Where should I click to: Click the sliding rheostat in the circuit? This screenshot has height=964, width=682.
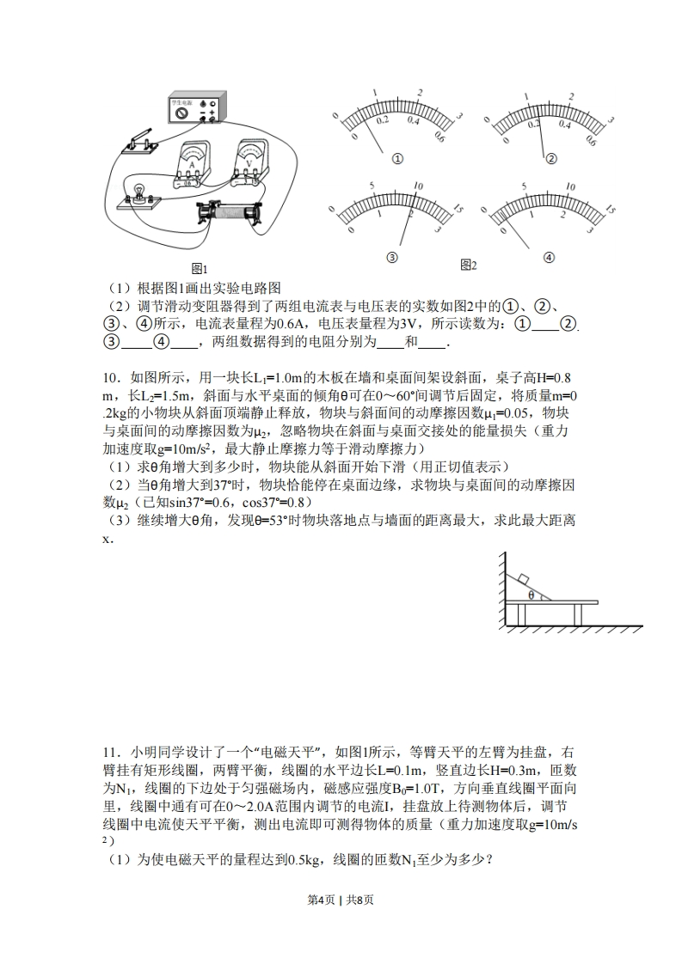(x=227, y=210)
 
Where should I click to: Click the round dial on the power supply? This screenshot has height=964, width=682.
(x=181, y=113)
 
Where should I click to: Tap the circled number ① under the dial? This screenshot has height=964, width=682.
(x=397, y=159)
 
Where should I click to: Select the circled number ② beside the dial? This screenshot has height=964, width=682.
(x=551, y=158)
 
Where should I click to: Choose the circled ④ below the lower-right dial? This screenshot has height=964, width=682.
(x=549, y=257)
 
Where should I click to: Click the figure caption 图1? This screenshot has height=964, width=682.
(x=200, y=268)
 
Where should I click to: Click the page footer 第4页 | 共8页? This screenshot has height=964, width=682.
(x=341, y=924)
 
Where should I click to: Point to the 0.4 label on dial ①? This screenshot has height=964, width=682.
(x=413, y=121)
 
